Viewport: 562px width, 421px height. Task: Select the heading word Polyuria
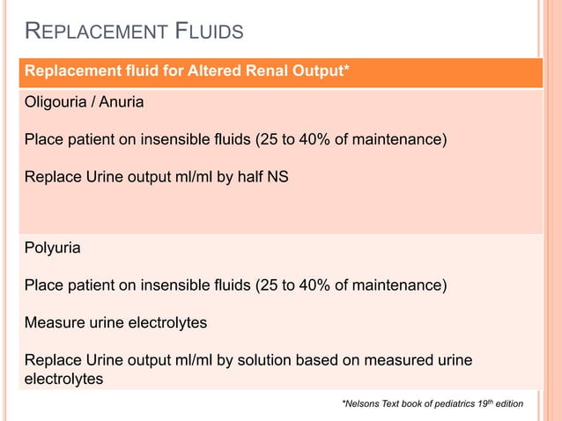point(52,248)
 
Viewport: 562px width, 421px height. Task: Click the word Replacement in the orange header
point(67,71)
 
